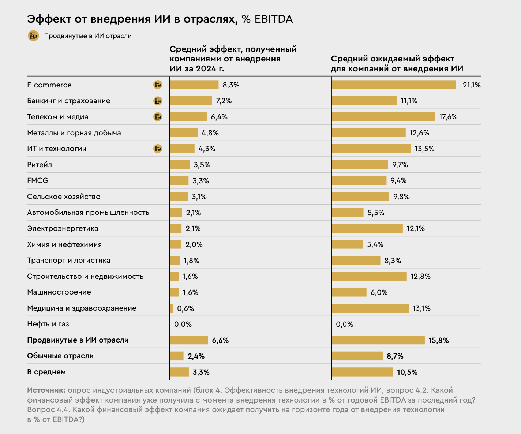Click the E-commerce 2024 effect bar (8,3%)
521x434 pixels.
point(194,85)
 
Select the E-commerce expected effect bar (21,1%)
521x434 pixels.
point(394,85)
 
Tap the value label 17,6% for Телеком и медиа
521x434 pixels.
point(448,117)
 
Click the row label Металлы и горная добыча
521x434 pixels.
point(74,133)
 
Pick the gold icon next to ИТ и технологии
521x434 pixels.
point(158,149)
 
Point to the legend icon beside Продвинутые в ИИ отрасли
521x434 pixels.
point(34,36)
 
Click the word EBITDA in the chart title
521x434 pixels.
point(274,19)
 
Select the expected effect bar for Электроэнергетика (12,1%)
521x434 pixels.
point(367,228)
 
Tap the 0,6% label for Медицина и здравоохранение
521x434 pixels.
point(185,308)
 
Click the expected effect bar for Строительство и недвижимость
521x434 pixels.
point(369,276)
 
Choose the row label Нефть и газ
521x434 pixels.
point(48,324)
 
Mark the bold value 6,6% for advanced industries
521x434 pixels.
point(220,340)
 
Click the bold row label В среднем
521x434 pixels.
point(46,372)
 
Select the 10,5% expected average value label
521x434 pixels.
point(407,372)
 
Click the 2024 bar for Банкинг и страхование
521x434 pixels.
point(191,101)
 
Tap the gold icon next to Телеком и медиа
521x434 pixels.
point(158,117)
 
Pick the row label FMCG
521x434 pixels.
point(38,180)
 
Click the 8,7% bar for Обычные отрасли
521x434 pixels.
point(357,356)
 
